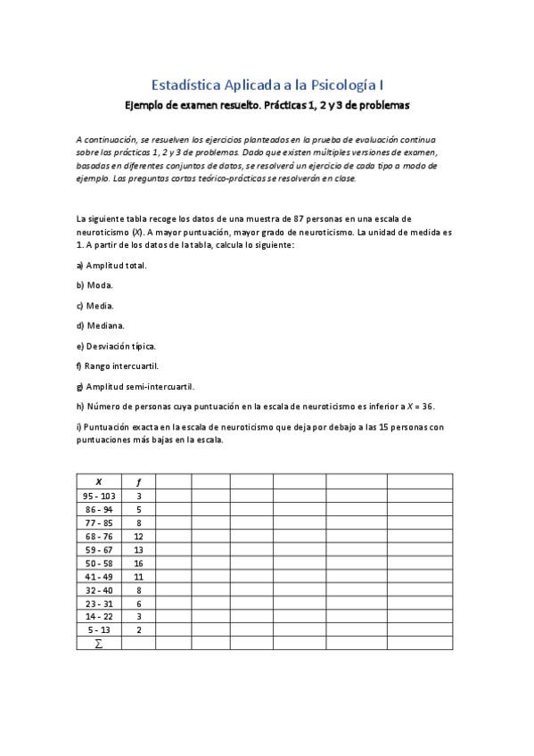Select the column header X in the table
pos(98,481)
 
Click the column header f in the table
pos(138,481)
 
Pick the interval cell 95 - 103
pos(98,496)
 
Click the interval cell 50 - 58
pos(98,563)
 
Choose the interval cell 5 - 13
pos(98,630)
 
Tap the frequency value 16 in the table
pos(138,563)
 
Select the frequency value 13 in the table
pos(138,550)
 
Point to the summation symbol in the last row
pos(98,644)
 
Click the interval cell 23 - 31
pos(98,604)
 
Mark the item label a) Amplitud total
pos(111,265)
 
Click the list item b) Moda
pos(94,285)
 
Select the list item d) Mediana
pos(101,325)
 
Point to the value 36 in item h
pos(426,407)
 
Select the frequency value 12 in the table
pos(138,537)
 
